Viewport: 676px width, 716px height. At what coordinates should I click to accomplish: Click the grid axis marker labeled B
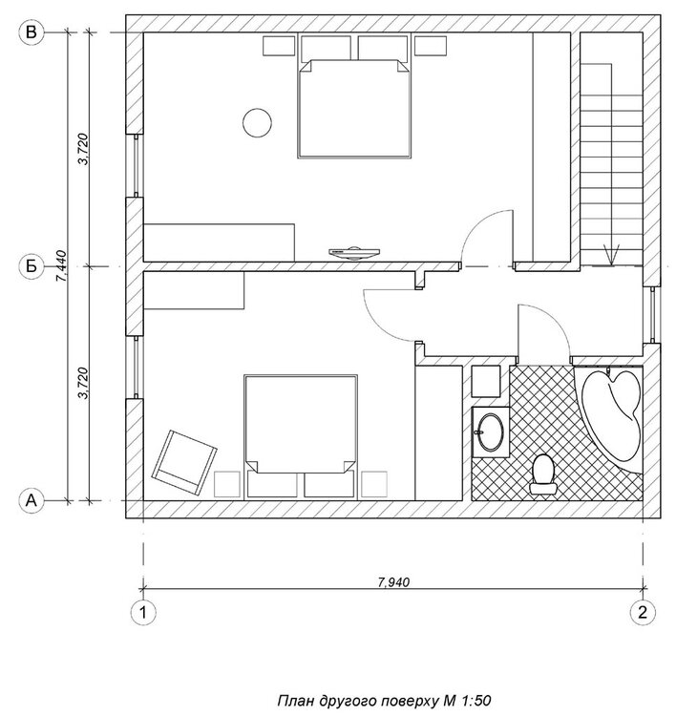click(x=32, y=33)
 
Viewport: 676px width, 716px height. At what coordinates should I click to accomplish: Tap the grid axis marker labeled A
click(x=32, y=499)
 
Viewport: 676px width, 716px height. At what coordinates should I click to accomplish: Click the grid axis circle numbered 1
click(x=144, y=610)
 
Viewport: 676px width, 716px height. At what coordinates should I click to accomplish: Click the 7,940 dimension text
click(x=392, y=579)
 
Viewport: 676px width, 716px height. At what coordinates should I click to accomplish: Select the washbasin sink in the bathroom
click(x=491, y=432)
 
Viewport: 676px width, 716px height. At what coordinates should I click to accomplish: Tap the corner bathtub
click(x=614, y=411)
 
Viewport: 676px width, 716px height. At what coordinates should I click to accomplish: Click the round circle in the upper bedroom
click(x=255, y=121)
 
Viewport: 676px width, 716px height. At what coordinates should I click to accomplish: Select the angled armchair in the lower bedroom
click(x=184, y=458)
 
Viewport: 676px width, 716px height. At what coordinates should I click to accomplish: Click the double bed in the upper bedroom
click(x=356, y=108)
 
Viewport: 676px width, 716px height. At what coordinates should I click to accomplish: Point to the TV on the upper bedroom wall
click(x=353, y=252)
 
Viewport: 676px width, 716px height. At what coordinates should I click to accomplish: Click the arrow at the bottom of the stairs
click(x=613, y=253)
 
